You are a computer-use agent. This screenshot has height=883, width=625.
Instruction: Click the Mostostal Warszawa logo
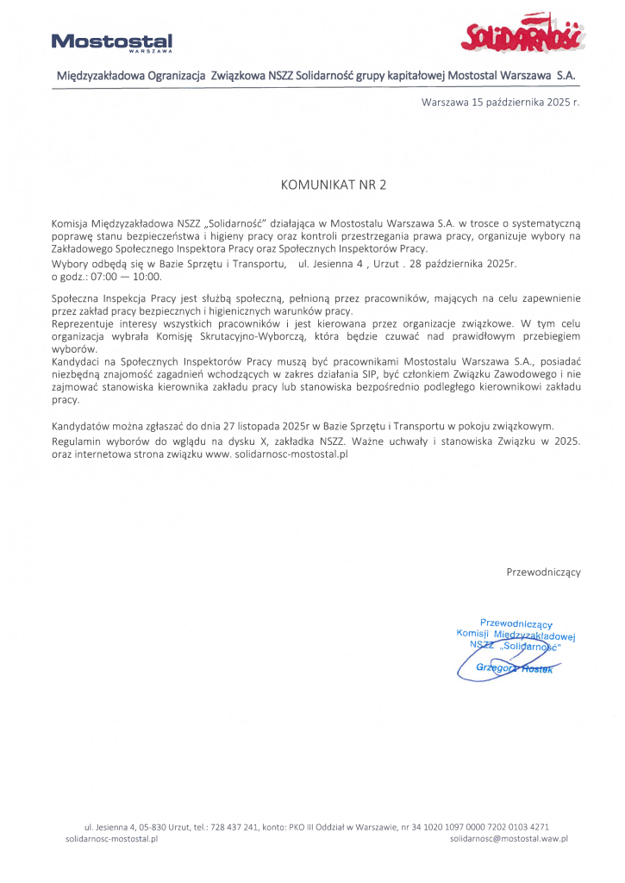112,42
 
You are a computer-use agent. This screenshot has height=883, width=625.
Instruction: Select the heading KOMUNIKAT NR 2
334,185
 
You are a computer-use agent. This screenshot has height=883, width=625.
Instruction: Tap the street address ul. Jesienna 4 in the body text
334,263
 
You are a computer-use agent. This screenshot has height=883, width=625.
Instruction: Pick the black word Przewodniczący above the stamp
543,572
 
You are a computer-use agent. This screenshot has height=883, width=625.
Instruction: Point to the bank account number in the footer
483,825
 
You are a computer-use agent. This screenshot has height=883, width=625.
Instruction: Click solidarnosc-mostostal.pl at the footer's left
112,837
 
